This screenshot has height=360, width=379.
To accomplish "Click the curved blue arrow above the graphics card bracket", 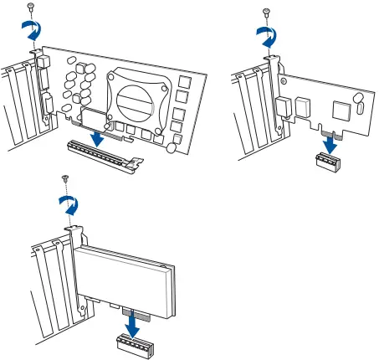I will click(x=30, y=31).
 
